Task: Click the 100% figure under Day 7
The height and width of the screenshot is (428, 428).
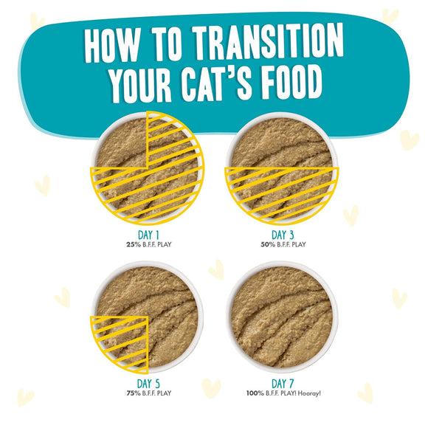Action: (x=254, y=393)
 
